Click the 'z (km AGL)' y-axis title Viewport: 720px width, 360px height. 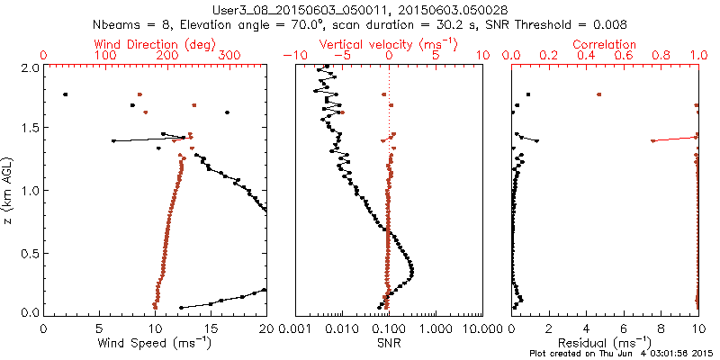tap(10, 190)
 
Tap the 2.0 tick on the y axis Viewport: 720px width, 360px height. tap(31, 67)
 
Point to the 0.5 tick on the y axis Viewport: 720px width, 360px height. tap(31, 252)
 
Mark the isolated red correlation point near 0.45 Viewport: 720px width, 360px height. tap(598, 94)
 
